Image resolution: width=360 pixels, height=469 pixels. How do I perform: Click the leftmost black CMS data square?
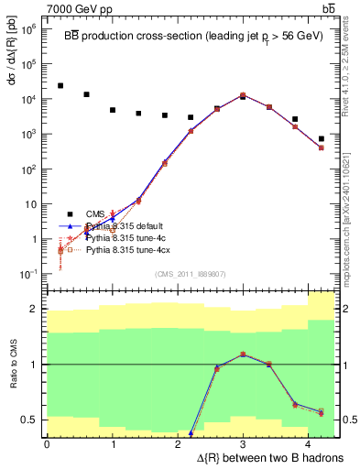click(60, 86)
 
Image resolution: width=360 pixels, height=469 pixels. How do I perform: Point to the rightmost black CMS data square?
click(322, 139)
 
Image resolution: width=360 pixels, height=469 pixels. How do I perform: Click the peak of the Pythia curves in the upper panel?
click(243, 95)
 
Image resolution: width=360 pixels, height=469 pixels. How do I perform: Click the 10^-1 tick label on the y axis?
click(27, 274)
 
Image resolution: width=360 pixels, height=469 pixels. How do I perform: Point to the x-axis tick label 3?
click(243, 443)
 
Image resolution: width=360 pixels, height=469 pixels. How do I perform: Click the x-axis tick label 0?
click(47, 443)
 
